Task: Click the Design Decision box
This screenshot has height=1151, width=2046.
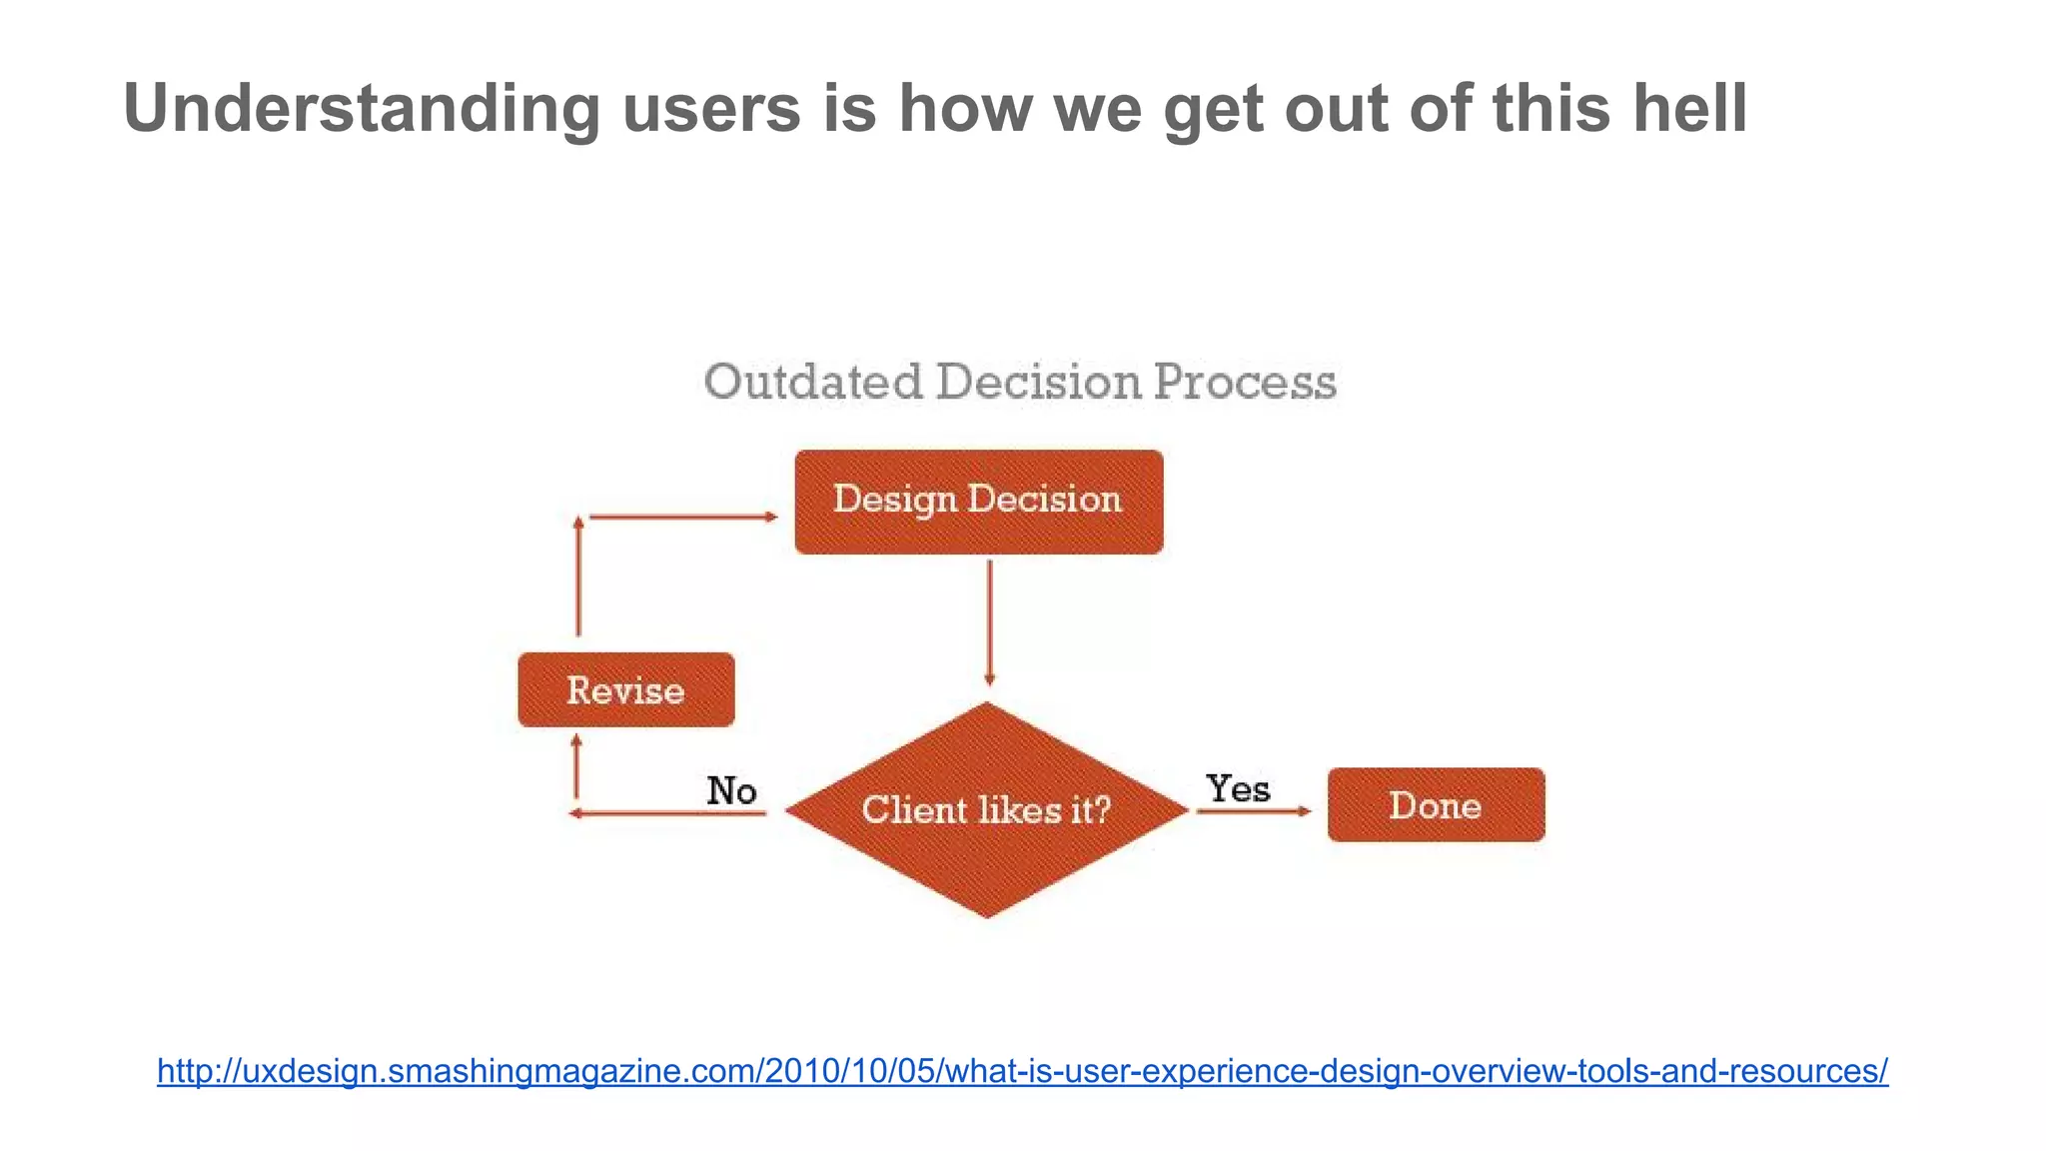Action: [x=978, y=502]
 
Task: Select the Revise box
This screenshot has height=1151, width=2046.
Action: [x=626, y=689]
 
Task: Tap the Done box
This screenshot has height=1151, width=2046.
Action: [x=1436, y=804]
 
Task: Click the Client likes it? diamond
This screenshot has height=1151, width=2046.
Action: [x=986, y=809]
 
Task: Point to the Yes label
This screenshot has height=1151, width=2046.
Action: [x=1237, y=788]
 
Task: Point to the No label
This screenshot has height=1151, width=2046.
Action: [x=731, y=790]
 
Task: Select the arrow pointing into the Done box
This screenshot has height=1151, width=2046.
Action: [x=1254, y=811]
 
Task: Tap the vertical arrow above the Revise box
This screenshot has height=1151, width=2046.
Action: [x=577, y=576]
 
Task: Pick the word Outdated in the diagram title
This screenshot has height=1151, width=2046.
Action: [x=812, y=383]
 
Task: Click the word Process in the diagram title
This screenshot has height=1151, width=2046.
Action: [x=1244, y=383]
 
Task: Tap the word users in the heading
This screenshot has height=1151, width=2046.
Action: [x=711, y=108]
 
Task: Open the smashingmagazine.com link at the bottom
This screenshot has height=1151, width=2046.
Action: [x=1022, y=1071]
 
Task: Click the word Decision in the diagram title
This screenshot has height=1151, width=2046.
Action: [x=1038, y=383]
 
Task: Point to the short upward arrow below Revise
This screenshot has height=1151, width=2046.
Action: [x=575, y=765]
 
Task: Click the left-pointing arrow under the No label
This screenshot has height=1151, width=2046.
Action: [x=667, y=813]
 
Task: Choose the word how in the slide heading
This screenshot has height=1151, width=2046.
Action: [x=965, y=108]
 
